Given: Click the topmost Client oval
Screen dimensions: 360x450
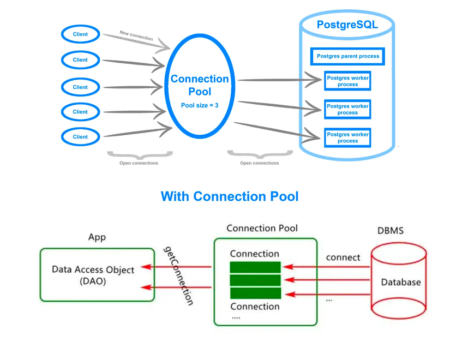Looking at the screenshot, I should pos(80,34).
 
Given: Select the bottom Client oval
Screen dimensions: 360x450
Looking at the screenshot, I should pos(80,137).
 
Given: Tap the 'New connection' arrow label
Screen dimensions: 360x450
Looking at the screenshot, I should pos(136,36).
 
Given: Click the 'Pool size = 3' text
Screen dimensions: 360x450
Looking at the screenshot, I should pos(200,105).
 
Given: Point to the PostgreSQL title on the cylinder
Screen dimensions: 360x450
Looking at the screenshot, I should pos(347,25).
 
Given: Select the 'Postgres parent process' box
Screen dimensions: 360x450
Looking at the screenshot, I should pos(347,56).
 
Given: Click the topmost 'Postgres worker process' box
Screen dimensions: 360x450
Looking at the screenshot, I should pos(347,81).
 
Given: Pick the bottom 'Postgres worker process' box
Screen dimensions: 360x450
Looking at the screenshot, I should pos(347,137).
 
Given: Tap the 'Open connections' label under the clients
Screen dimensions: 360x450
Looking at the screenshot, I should pos(139,163).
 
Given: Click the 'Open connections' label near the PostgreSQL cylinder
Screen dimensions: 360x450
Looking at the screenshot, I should pos(259,163).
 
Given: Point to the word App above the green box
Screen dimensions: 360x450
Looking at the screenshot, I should pos(97,237).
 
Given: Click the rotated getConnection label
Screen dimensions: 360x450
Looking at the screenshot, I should pos(178,275).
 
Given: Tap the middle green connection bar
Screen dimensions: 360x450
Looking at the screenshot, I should pos(255,280).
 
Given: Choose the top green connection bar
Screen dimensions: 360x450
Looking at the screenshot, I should pos(255,267).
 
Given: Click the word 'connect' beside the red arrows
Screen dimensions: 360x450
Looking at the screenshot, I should pos(343,257).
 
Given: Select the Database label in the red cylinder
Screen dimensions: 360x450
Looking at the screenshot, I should pos(400,282).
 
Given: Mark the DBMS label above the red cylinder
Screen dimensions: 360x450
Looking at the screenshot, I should pos(391,231).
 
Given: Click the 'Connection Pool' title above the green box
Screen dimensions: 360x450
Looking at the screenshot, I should pos(262,228).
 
